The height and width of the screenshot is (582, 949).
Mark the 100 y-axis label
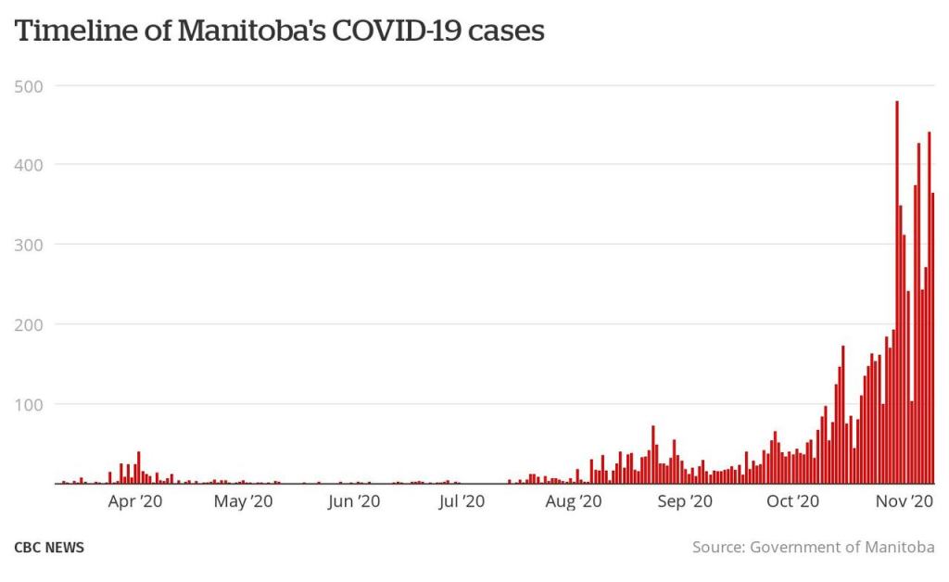[x=29, y=404]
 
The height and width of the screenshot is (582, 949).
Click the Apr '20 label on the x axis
[x=136, y=501]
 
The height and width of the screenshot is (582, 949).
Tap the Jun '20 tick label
[x=352, y=501]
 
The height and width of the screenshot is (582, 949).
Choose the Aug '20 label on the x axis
[x=574, y=501]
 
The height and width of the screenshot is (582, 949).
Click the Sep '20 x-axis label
[x=684, y=501]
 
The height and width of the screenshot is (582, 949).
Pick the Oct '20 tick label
[x=792, y=501]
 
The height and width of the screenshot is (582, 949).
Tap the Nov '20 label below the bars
[x=904, y=501]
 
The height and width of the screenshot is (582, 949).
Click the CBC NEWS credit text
[x=49, y=548]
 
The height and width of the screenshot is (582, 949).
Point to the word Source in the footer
[x=719, y=548]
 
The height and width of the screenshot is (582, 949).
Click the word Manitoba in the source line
[x=898, y=548]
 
